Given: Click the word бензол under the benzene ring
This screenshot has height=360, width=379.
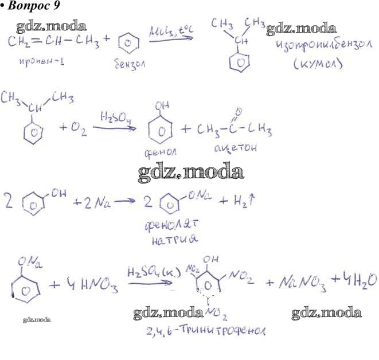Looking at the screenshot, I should pos(130,65).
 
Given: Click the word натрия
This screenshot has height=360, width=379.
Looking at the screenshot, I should pos(171,241).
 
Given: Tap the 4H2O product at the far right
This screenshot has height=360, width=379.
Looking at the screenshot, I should pos(352,280).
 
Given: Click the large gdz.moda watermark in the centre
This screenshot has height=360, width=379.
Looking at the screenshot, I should pos(191,171).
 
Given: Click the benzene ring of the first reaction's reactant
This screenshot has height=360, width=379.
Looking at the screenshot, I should pos(129,43).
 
